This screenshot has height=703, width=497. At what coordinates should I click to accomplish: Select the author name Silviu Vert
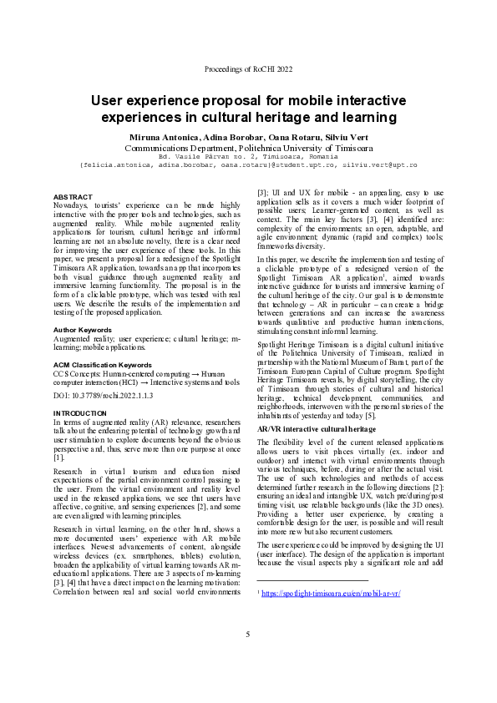click(x=344, y=137)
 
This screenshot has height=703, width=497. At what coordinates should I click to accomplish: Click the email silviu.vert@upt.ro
click(x=381, y=165)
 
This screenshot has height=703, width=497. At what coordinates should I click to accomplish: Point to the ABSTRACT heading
click(x=73, y=196)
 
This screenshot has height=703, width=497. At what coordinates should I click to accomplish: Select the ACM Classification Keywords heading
click(x=103, y=366)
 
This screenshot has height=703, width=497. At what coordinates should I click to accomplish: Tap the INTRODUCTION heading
click(x=79, y=413)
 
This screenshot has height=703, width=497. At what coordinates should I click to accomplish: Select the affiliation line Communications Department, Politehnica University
click(x=248, y=147)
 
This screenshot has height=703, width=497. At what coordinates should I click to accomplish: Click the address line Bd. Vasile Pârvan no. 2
click(x=248, y=156)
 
